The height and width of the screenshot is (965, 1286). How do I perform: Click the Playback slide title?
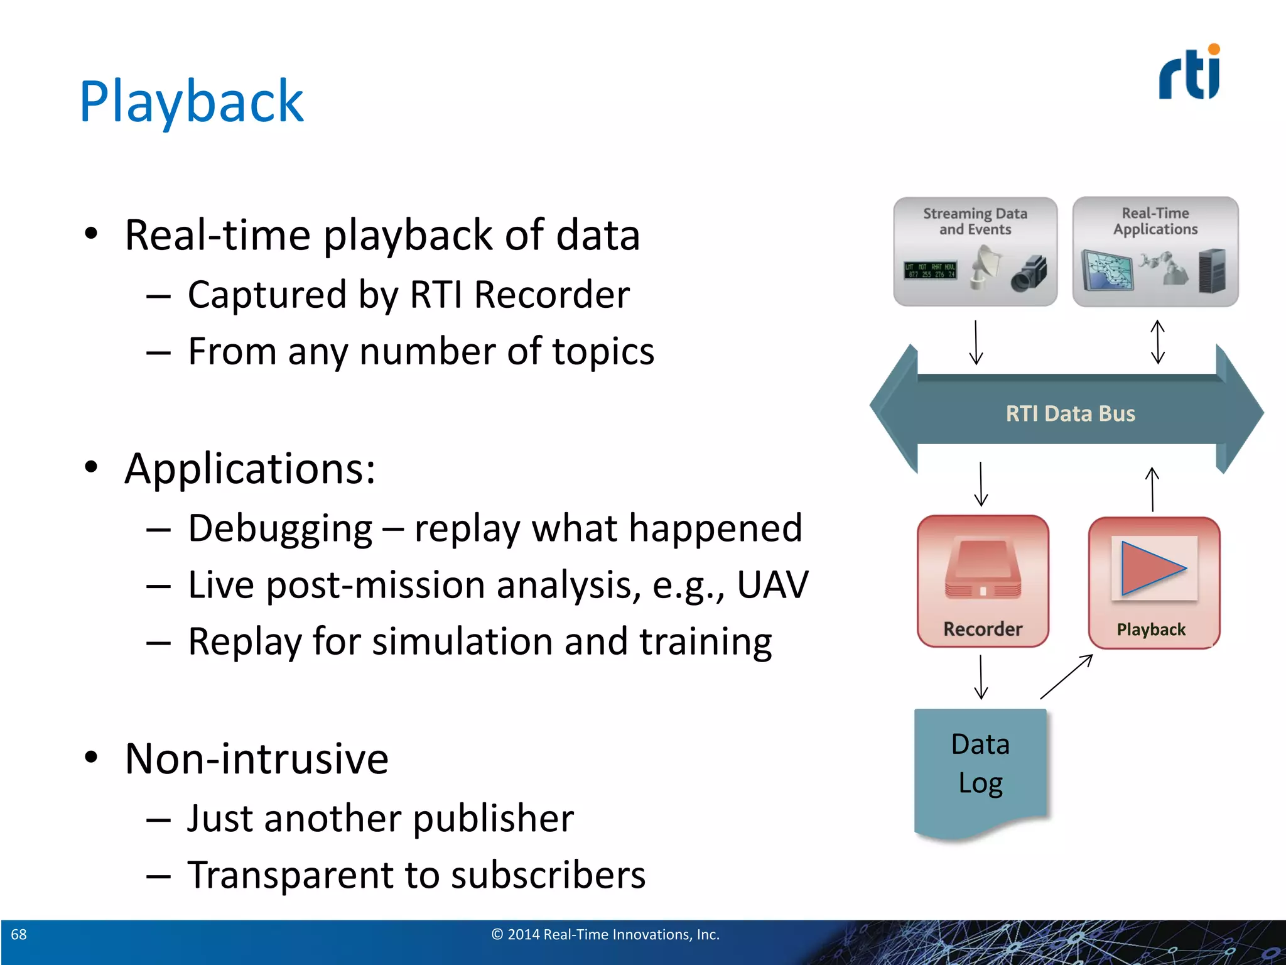[192, 102]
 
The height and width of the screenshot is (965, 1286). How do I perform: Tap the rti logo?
[1189, 74]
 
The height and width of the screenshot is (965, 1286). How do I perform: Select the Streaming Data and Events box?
[975, 251]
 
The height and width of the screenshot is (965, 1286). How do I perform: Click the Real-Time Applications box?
[1155, 251]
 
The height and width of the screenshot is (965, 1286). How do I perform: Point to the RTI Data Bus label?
[1070, 413]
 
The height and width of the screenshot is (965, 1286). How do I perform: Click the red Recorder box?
[983, 581]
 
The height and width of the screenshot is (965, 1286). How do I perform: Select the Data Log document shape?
[980, 773]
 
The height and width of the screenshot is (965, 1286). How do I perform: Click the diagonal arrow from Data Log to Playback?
[1066, 677]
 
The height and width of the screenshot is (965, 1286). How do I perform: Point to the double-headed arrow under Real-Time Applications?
[1157, 342]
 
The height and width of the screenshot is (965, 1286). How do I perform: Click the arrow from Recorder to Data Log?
[981, 677]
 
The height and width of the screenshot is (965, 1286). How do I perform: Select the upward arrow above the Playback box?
[1152, 489]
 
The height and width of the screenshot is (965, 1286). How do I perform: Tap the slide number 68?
[19, 934]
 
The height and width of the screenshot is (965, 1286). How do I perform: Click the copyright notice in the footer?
[605, 934]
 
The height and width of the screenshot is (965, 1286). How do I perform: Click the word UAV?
[772, 585]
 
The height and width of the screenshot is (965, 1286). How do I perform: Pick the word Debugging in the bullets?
[280, 528]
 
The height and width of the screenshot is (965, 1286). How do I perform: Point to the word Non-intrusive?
[256, 758]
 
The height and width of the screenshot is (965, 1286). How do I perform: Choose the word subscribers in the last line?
[548, 875]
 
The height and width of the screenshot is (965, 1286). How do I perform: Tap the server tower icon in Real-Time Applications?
[1212, 270]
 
